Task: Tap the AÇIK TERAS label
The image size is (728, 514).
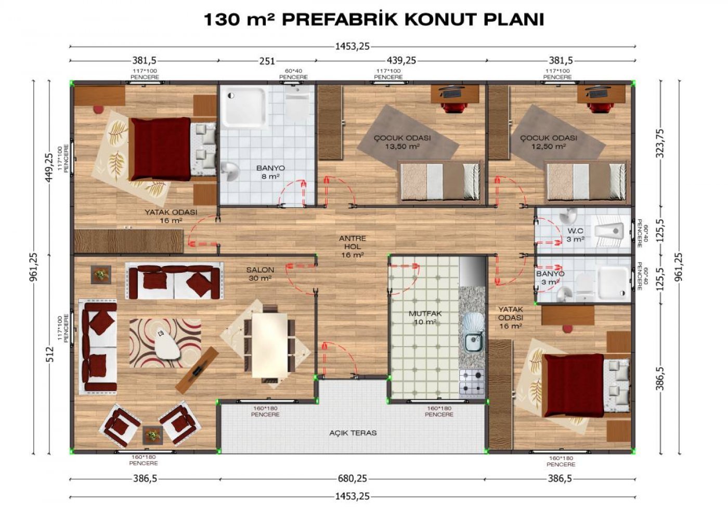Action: (353, 433)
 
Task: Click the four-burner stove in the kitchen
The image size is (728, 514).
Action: (472, 382)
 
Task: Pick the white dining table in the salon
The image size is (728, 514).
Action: (270, 345)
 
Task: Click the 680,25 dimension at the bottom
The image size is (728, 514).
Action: (352, 478)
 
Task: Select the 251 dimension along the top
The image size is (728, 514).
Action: (267, 61)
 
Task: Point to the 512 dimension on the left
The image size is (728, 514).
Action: (50, 354)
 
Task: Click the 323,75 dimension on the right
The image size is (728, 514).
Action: (660, 143)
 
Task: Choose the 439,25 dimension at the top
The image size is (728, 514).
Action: (401, 61)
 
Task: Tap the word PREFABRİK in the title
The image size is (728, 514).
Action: (340, 20)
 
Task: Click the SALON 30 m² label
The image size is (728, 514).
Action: (261, 274)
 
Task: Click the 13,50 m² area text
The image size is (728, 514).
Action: (402, 147)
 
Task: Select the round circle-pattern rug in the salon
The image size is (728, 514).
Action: (165, 343)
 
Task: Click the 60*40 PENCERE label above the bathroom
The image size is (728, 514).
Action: (293, 74)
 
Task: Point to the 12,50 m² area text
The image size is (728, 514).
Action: (549, 147)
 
